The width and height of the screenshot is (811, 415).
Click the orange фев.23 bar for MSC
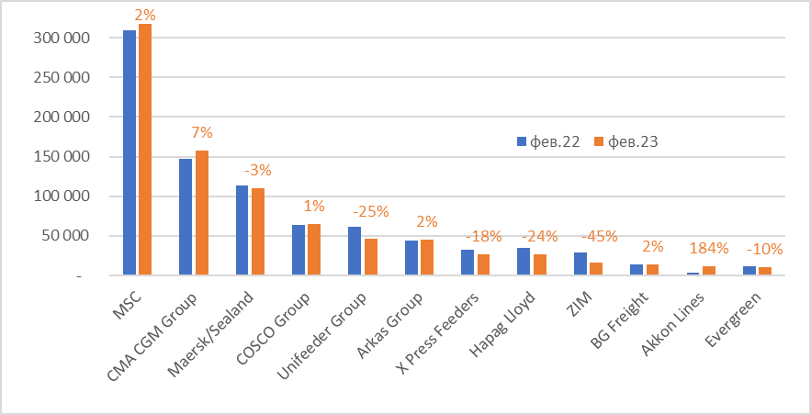point(145,150)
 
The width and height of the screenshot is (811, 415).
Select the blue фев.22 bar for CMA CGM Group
point(186,217)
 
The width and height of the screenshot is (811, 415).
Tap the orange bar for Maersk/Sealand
point(257,231)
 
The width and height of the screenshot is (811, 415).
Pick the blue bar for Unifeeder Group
point(355,251)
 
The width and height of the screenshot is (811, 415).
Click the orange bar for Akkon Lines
point(708,270)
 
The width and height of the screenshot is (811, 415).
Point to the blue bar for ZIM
point(580,264)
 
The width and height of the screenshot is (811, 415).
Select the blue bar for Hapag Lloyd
point(524,262)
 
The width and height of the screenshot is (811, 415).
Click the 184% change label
point(708,248)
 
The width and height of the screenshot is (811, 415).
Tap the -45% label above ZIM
point(600,236)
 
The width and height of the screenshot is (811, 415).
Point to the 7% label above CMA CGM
point(202,133)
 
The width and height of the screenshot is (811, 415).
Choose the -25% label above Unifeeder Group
point(370,211)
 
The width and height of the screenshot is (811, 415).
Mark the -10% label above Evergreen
point(764,249)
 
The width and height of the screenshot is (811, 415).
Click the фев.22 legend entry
point(548,141)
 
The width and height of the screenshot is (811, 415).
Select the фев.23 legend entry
point(625,141)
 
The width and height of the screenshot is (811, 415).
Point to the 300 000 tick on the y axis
point(62,38)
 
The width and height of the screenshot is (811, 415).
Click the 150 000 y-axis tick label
point(62,157)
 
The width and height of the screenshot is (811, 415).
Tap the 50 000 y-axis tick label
point(66,236)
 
